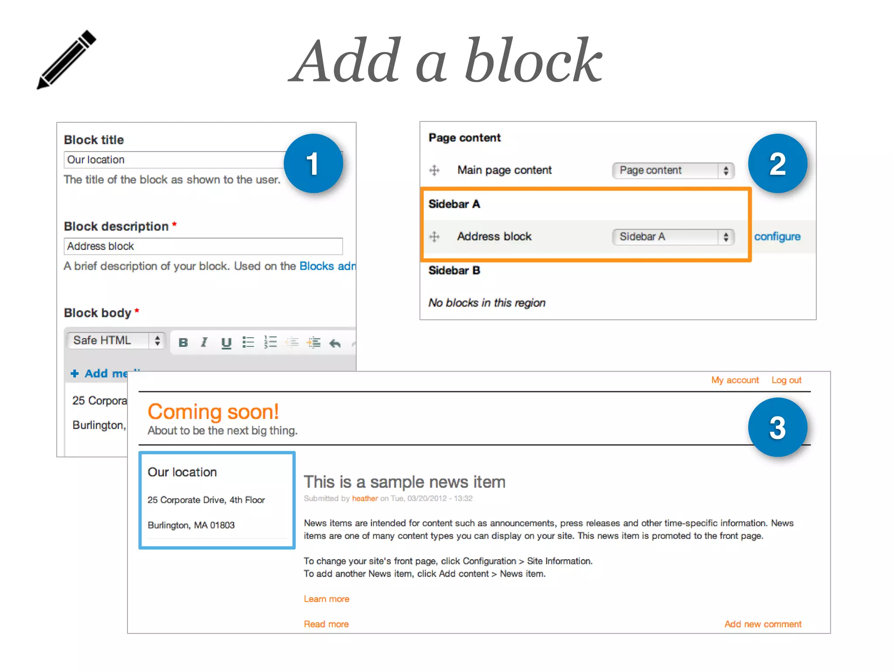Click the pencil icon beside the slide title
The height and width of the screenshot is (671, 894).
pyautogui.click(x=66, y=59)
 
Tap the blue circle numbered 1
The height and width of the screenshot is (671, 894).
pyautogui.click(x=313, y=164)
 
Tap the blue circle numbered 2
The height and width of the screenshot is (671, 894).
pyautogui.click(x=777, y=164)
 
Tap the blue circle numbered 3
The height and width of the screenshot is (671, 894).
pyautogui.click(x=777, y=428)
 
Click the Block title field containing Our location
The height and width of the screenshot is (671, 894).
pyautogui.click(x=175, y=160)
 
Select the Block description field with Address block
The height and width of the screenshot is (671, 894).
pyautogui.click(x=203, y=246)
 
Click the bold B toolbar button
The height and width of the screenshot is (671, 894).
pyautogui.click(x=183, y=342)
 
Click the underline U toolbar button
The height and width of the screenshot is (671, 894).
pyautogui.click(x=226, y=343)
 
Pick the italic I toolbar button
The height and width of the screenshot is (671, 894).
pyautogui.click(x=204, y=342)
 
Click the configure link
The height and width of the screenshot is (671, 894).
pyautogui.click(x=777, y=237)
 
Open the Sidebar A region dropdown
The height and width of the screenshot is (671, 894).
pyautogui.click(x=673, y=237)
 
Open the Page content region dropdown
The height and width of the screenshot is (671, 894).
pyautogui.click(x=673, y=170)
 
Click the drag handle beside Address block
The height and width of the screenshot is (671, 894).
pyautogui.click(x=434, y=237)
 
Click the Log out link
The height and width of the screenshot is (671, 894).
pyautogui.click(x=786, y=380)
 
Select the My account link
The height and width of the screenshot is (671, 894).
pyautogui.click(x=735, y=380)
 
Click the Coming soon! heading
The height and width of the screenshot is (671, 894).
pyautogui.click(x=213, y=412)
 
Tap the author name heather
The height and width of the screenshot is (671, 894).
pyautogui.click(x=364, y=498)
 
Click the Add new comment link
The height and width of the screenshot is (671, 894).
pyautogui.click(x=763, y=624)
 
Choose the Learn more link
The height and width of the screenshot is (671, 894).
pyautogui.click(x=327, y=599)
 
